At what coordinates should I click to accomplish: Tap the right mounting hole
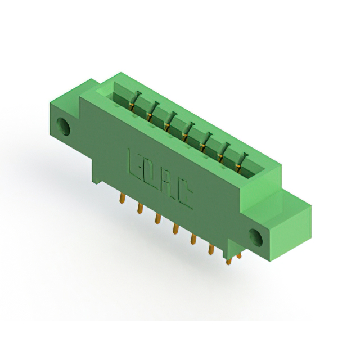coord(255,237)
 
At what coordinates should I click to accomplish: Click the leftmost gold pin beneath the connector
coord(123,198)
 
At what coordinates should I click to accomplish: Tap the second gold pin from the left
coord(140,208)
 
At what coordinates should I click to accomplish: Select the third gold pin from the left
coord(157,218)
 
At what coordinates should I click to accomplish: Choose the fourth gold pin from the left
coord(175,229)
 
